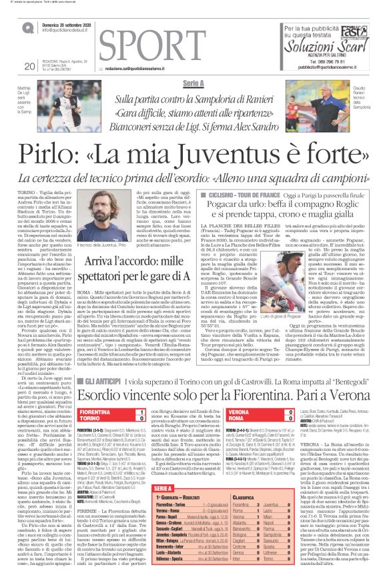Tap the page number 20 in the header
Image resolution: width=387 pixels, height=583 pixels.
(29, 65)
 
